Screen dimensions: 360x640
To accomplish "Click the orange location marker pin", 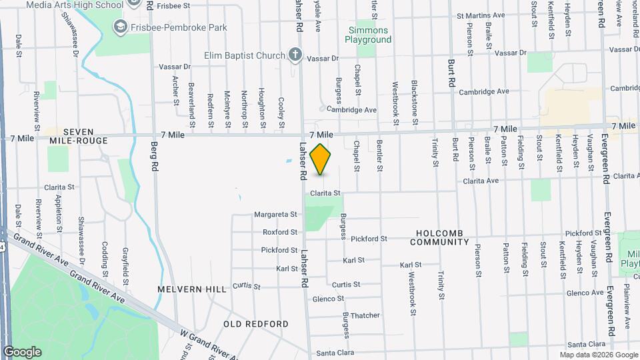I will point(321,159).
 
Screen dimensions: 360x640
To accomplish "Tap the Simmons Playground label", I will point(368,35).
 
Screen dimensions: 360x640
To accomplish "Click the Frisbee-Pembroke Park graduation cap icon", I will point(121,27).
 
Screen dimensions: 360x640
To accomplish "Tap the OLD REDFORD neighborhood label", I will point(256,324).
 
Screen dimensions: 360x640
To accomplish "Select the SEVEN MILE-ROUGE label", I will point(79,137).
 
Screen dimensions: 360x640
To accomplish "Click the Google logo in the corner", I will point(22,351).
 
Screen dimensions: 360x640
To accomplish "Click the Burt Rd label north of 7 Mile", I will point(451,79).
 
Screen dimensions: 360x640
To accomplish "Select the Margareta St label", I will point(275,215).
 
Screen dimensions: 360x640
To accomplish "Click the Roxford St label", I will point(280,232).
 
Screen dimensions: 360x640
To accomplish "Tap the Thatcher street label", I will point(365,315).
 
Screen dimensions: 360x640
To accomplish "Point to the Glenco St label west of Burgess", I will point(328,299).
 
